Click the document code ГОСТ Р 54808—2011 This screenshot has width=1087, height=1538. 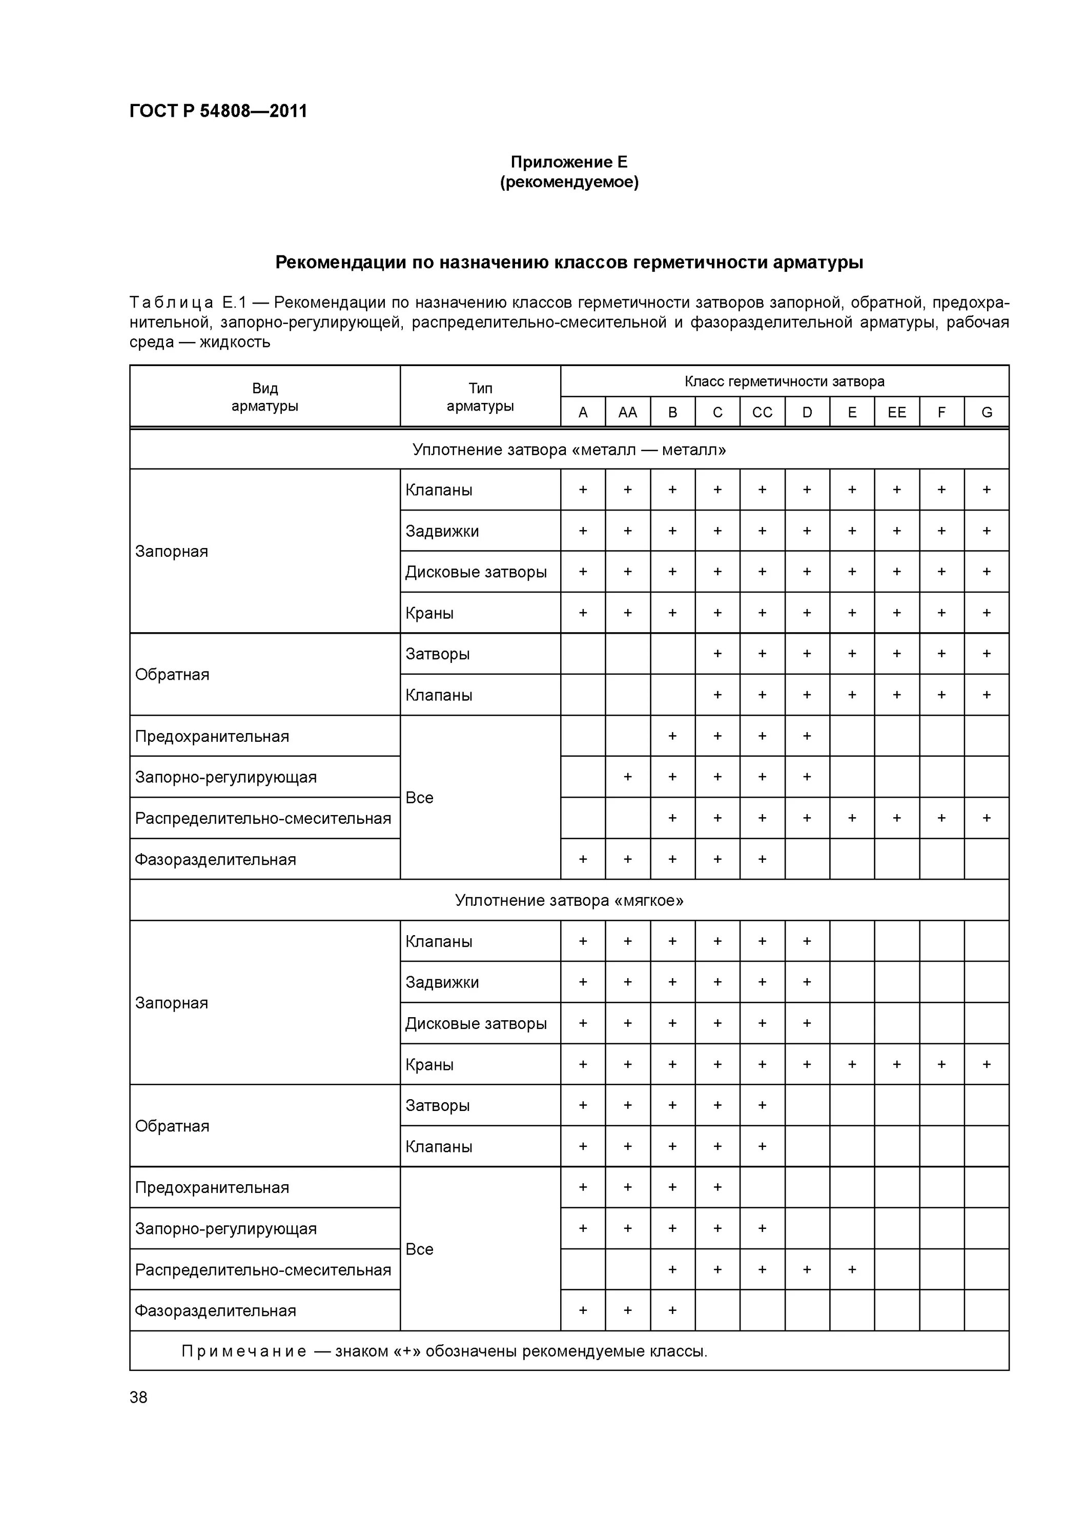218,111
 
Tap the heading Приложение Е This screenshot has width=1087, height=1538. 569,162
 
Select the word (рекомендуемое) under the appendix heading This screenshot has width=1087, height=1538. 569,182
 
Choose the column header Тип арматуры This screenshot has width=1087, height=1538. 480,397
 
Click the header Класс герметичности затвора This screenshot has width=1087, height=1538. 784,382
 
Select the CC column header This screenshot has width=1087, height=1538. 762,413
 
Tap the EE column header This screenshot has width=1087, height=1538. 896,413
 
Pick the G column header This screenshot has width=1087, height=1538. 986,413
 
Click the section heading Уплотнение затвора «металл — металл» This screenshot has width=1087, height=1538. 569,450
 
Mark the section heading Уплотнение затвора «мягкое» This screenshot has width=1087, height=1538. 569,900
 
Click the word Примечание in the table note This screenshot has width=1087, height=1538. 244,1351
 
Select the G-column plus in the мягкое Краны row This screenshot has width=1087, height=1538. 986,1064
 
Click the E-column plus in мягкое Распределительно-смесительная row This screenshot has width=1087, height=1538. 851,1269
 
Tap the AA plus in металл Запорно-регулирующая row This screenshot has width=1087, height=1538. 628,777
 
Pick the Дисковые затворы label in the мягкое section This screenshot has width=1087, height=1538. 476,1024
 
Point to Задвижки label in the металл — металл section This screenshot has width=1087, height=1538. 442,531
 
